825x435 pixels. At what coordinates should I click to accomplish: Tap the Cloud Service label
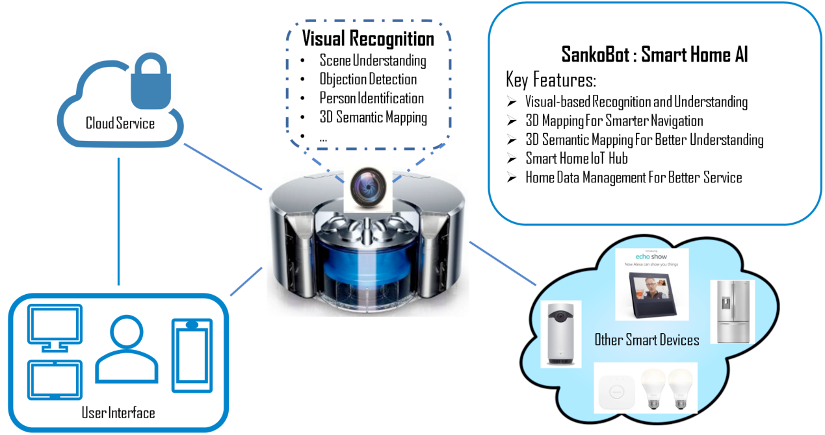pyautogui.click(x=120, y=123)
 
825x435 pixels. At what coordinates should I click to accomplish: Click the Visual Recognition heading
pyautogui.click(x=367, y=38)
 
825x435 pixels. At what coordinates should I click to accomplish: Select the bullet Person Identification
pyautogui.click(x=371, y=99)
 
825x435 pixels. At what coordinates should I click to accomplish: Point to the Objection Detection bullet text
pyautogui.click(x=368, y=80)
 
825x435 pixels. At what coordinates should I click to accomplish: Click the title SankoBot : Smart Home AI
pyautogui.click(x=654, y=55)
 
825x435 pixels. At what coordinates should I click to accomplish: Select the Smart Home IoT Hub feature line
pyautogui.click(x=576, y=158)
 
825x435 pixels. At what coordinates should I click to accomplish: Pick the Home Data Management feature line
pyautogui.click(x=633, y=177)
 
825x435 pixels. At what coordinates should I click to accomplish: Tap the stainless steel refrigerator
pyautogui.click(x=733, y=312)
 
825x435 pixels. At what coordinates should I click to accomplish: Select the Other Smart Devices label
pyautogui.click(x=647, y=340)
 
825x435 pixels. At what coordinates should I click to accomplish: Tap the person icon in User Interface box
pyautogui.click(x=126, y=351)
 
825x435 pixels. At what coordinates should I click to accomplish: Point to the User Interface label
pyautogui.click(x=118, y=412)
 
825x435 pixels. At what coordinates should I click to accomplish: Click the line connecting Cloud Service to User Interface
pyautogui.click(x=118, y=221)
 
